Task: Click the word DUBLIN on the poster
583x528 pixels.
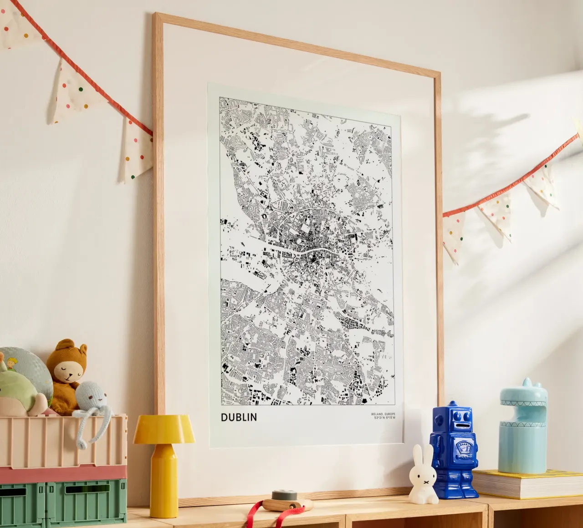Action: [239, 417]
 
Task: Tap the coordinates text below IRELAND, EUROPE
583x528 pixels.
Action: [385, 417]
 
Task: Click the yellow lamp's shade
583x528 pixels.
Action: [164, 429]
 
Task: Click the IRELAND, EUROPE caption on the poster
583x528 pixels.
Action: [384, 413]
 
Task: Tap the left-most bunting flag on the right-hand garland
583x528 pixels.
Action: [454, 236]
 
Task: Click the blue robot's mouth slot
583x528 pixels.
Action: [462, 424]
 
